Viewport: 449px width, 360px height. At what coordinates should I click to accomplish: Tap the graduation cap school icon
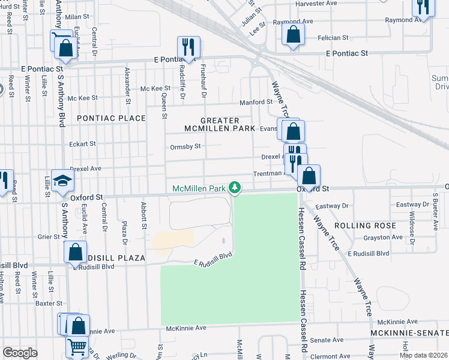[62, 181]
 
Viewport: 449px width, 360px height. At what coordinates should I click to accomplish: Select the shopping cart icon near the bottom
[77, 346]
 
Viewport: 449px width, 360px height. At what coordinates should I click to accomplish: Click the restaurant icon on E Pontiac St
[189, 47]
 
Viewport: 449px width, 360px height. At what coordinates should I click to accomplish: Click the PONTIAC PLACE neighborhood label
[112, 118]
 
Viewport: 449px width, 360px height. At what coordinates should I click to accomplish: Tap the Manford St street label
[256, 102]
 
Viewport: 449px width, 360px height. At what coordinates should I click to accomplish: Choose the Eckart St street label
[82, 143]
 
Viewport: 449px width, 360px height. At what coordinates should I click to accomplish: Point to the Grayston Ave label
[382, 237]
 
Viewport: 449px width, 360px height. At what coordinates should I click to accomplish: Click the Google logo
[20, 353]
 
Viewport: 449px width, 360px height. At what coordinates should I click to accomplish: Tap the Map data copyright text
[423, 355]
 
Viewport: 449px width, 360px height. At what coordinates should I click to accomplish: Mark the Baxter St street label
[49, 304]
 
